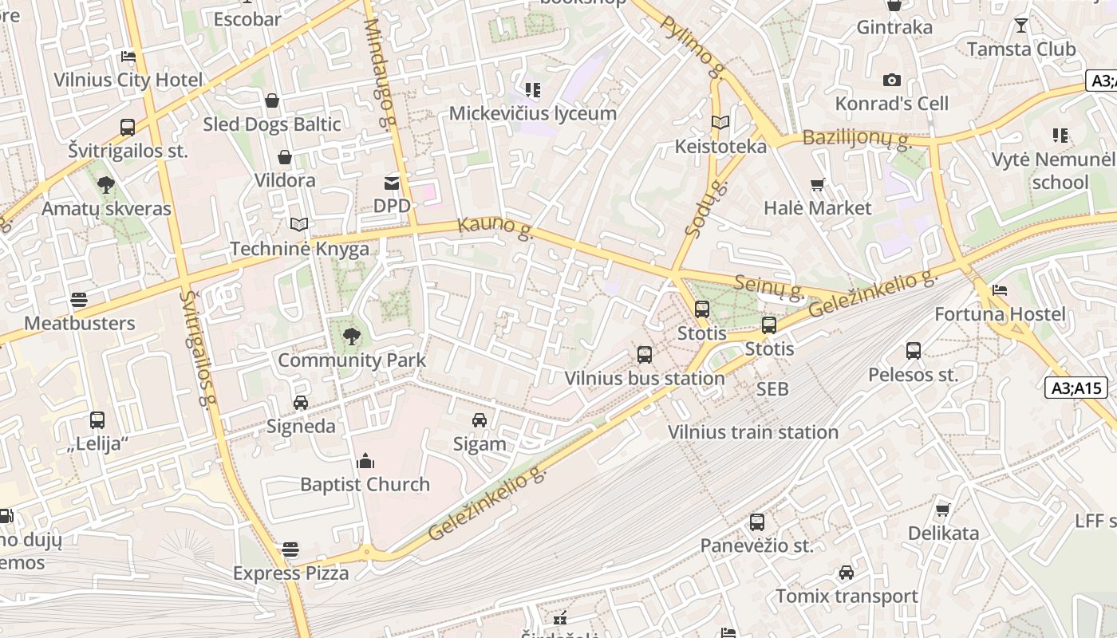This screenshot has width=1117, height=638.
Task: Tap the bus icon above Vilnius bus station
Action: (644, 355)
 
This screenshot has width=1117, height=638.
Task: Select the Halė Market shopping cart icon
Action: (817, 185)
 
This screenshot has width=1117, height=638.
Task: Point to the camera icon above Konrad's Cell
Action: (892, 81)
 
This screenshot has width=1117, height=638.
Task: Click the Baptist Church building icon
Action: (365, 461)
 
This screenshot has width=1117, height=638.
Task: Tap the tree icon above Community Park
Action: (351, 337)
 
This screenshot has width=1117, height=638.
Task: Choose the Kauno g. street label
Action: (495, 227)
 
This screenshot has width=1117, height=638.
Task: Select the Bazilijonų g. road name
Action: (856, 138)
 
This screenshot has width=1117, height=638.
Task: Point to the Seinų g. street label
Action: (768, 286)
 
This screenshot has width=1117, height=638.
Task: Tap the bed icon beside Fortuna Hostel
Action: (1000, 290)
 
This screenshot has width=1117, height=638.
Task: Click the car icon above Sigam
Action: (480, 420)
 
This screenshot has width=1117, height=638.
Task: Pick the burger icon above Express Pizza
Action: (290, 549)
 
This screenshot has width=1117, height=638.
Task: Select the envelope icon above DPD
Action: (392, 183)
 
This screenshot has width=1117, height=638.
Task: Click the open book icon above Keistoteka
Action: (720, 123)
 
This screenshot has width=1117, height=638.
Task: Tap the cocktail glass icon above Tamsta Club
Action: (1020, 26)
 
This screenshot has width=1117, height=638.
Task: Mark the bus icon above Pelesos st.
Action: (914, 351)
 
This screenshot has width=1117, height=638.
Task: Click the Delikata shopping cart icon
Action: (943, 510)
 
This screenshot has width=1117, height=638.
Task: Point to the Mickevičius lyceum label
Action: (533, 113)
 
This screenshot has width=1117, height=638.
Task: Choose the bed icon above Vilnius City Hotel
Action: (128, 57)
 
